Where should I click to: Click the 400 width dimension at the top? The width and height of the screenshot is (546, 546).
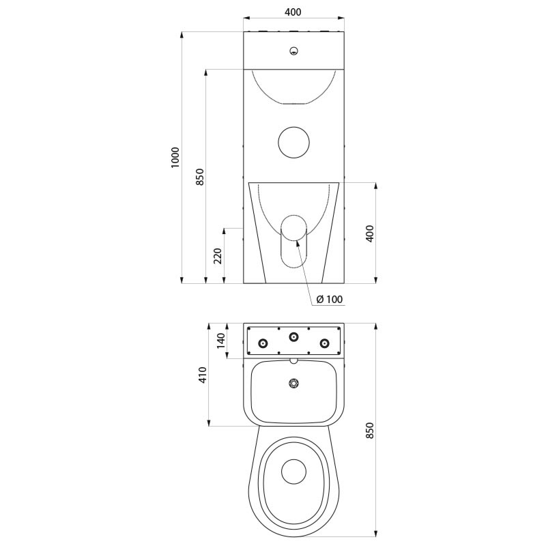click(293, 12)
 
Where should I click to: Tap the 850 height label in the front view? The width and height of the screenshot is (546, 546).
click(199, 176)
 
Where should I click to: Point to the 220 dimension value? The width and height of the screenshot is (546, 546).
click(218, 255)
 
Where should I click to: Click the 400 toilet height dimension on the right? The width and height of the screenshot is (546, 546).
click(371, 233)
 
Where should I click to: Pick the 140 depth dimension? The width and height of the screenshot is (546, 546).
click(220, 339)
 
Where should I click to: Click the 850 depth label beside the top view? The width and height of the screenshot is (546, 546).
click(371, 431)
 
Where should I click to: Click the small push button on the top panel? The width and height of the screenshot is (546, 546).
click(293, 50)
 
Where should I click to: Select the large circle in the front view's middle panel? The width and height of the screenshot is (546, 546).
click(294, 141)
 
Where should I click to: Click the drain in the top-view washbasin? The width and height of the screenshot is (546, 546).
click(294, 384)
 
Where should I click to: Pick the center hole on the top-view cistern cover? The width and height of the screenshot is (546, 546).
click(294, 336)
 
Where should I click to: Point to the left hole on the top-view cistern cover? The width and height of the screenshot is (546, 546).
click(263, 343)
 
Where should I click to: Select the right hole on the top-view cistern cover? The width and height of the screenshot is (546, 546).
click(326, 343)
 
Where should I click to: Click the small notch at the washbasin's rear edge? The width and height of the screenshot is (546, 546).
click(294, 360)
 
